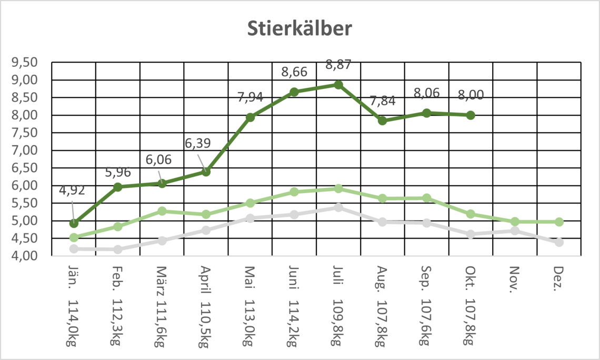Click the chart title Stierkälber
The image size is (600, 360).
(x=300, y=29)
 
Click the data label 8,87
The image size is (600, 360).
(x=338, y=65)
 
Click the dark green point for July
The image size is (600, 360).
(x=338, y=85)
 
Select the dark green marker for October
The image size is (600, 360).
(x=471, y=115)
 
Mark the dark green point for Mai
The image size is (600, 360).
(x=250, y=117)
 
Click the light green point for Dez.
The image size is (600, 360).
(x=559, y=222)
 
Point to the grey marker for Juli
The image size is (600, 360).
(x=338, y=207)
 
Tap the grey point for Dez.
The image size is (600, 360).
(x=559, y=242)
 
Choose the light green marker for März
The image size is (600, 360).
(x=162, y=211)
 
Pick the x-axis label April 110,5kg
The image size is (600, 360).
(x=206, y=306)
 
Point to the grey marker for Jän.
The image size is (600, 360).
(x=74, y=248)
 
